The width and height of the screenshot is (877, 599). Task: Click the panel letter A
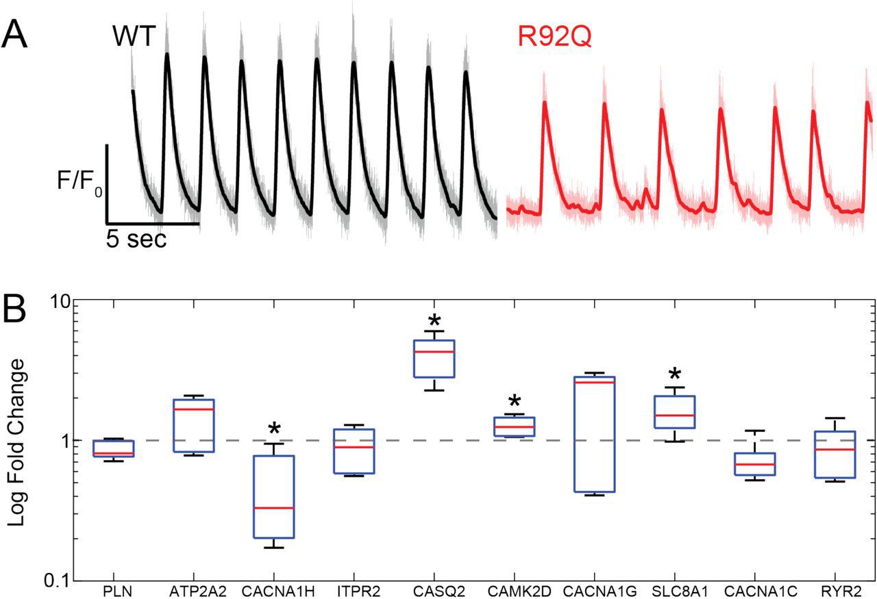14,34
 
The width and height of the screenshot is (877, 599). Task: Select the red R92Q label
554,36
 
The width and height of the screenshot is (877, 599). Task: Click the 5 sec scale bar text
136,239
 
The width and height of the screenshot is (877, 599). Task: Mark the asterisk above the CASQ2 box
434,322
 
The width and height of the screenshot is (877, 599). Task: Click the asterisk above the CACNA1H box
273,431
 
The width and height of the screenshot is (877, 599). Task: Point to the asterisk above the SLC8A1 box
675,376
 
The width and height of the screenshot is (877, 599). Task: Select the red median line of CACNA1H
273,508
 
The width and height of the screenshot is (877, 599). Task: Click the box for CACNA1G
594,434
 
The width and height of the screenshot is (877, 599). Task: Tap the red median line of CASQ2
434,352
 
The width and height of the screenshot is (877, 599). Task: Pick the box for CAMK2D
514,426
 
